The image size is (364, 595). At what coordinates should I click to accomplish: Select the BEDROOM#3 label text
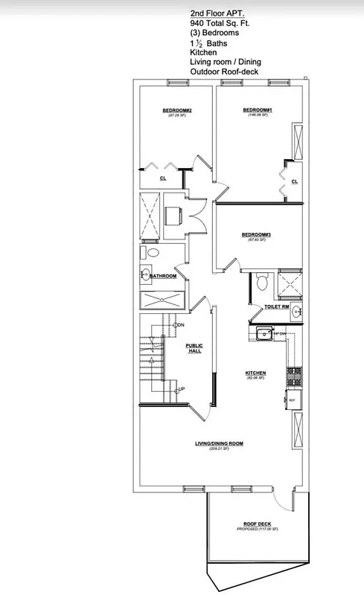pos(256,235)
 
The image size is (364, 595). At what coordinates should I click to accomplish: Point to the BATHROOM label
pos(164,276)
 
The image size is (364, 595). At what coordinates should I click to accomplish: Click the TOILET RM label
pos(266,306)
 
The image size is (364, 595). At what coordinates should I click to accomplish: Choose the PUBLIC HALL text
pos(194,348)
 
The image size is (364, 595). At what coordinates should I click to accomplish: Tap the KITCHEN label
pos(256,373)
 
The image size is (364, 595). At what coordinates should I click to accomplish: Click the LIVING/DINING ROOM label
pos(219,444)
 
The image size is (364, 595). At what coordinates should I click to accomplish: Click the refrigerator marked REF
pos(292,400)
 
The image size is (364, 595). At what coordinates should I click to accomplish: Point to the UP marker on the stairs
pos(180,389)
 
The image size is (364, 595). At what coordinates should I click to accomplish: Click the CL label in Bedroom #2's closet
pos(163,178)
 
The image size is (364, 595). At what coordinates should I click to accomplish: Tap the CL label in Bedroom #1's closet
pos(295,181)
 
